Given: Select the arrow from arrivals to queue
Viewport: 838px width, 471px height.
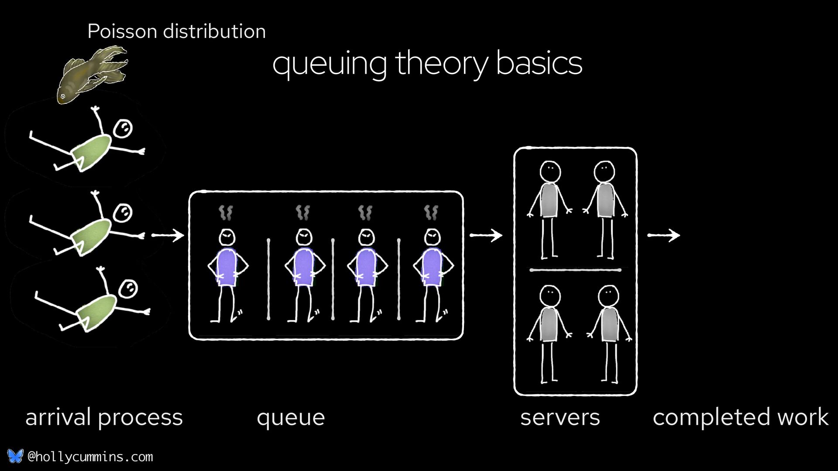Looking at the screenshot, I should click(x=168, y=235).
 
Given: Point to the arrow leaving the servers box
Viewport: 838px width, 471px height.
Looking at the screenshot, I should click(x=663, y=235).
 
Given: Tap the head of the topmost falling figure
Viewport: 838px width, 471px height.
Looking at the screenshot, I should click(x=123, y=129).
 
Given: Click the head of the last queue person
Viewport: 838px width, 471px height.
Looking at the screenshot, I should click(x=433, y=238).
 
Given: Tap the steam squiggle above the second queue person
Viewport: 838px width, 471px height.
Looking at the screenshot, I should click(x=302, y=213).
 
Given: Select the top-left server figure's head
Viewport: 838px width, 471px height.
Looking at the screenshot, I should click(x=550, y=171).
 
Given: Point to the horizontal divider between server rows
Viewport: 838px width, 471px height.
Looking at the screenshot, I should click(x=575, y=270).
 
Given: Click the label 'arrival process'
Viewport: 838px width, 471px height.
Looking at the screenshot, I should click(x=104, y=417).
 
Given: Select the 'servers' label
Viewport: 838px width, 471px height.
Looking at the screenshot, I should click(x=560, y=417).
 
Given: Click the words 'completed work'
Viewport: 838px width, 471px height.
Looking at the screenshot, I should click(x=740, y=417).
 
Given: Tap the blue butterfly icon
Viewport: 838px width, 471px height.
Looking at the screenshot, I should click(x=15, y=456).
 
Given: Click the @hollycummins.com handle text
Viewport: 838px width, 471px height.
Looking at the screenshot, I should click(x=90, y=457).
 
